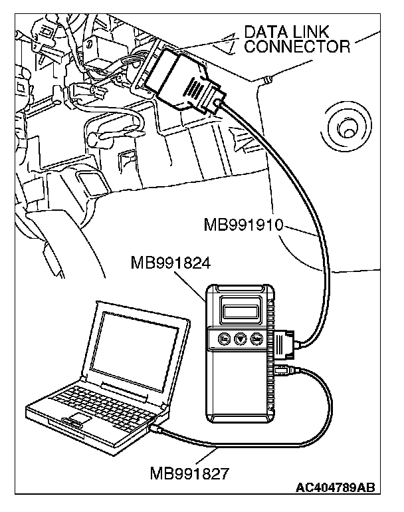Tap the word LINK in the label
coord(315,31)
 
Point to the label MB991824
coord(172,263)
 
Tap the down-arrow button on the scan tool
coord(240,340)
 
